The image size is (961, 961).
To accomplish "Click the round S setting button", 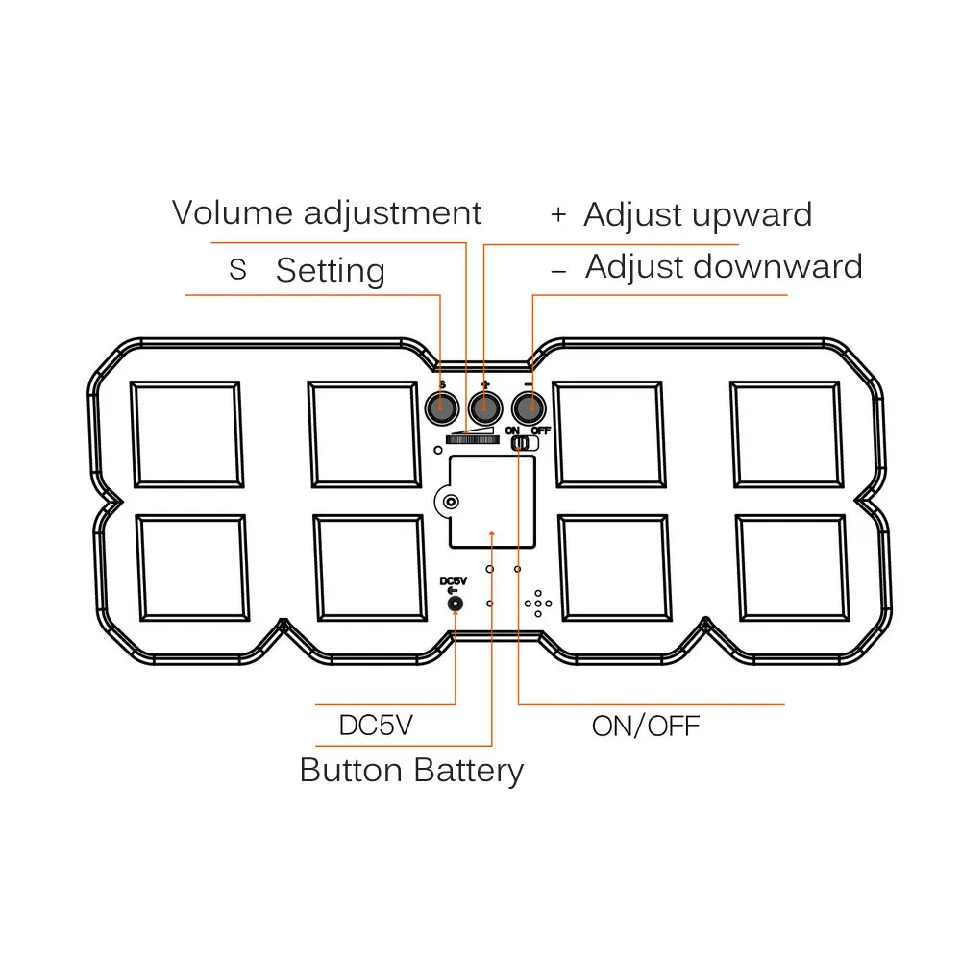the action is pyautogui.click(x=442, y=407).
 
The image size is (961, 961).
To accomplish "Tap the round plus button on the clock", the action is pyautogui.click(x=484, y=407).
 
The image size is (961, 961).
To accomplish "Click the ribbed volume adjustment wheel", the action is pyautogui.click(x=472, y=439).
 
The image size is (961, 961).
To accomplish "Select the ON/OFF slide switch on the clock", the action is pyautogui.click(x=525, y=442).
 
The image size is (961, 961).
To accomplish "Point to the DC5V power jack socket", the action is pyautogui.click(x=455, y=604).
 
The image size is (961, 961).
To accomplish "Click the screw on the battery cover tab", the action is pyautogui.click(x=451, y=502).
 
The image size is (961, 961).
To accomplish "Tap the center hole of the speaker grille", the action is pyautogui.click(x=538, y=604).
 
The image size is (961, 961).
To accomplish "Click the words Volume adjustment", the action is pyautogui.click(x=326, y=214).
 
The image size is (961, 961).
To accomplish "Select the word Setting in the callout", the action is pyautogui.click(x=331, y=270).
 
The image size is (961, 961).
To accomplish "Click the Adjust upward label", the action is pyautogui.click(x=698, y=214).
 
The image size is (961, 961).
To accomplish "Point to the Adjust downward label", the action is pyautogui.click(x=724, y=266).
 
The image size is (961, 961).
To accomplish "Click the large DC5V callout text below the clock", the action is pyautogui.click(x=377, y=725).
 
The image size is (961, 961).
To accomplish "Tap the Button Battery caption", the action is pyautogui.click(x=411, y=771).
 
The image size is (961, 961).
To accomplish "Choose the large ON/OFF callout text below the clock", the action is pyautogui.click(x=646, y=727).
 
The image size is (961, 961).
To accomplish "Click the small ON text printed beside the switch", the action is pyautogui.click(x=512, y=431).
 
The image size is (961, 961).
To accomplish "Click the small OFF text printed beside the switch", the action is pyautogui.click(x=540, y=431).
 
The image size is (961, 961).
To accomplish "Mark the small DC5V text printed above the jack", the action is pyautogui.click(x=454, y=581).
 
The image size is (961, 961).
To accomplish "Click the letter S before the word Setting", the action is pyautogui.click(x=237, y=270).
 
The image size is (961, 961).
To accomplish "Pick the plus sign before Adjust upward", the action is pyautogui.click(x=558, y=215).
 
